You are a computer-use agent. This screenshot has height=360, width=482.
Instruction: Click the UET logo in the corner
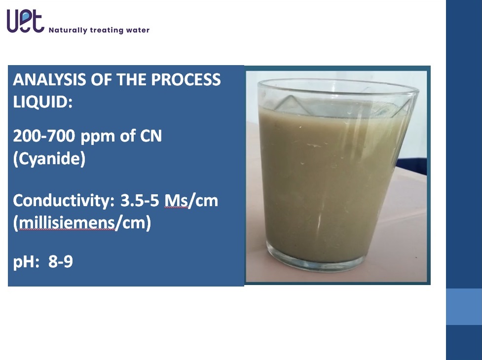click(x=26, y=21)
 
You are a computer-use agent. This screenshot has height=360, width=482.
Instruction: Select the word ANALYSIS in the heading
click(x=49, y=79)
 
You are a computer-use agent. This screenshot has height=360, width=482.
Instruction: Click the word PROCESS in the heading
click(x=185, y=79)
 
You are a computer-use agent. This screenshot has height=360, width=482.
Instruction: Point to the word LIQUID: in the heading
click(x=43, y=102)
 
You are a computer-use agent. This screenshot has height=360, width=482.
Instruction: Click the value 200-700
click(x=44, y=136)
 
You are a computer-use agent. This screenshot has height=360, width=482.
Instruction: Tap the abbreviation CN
click(x=151, y=136)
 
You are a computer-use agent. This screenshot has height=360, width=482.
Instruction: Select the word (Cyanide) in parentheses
click(x=49, y=159)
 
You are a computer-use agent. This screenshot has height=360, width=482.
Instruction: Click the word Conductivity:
click(x=64, y=201)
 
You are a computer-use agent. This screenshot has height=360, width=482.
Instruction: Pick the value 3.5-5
click(x=140, y=201)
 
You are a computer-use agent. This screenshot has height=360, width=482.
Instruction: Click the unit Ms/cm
click(x=191, y=201)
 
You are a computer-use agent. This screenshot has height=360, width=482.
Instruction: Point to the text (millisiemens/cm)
click(x=82, y=223)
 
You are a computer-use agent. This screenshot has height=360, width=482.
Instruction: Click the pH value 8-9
click(x=61, y=262)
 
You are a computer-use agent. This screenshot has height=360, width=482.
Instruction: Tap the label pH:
click(x=26, y=262)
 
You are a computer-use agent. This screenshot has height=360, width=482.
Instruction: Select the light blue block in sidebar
click(x=464, y=307)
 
